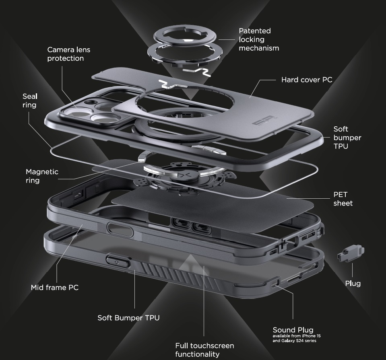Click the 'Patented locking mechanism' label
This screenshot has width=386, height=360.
258,39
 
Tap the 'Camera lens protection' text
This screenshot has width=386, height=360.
69,54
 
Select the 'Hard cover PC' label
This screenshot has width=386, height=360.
307,80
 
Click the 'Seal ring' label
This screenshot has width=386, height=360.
29,100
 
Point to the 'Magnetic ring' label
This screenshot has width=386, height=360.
42,176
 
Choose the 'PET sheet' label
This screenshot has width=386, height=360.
343,199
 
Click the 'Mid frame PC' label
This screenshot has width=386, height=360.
55,288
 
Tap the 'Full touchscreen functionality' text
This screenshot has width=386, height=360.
204,350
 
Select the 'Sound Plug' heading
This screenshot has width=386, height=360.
293,330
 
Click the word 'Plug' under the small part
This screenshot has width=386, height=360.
353,284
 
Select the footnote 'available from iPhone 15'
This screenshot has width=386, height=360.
296,336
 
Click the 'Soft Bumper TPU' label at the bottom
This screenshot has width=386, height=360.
128,318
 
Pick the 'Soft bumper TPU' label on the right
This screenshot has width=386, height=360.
347,138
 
